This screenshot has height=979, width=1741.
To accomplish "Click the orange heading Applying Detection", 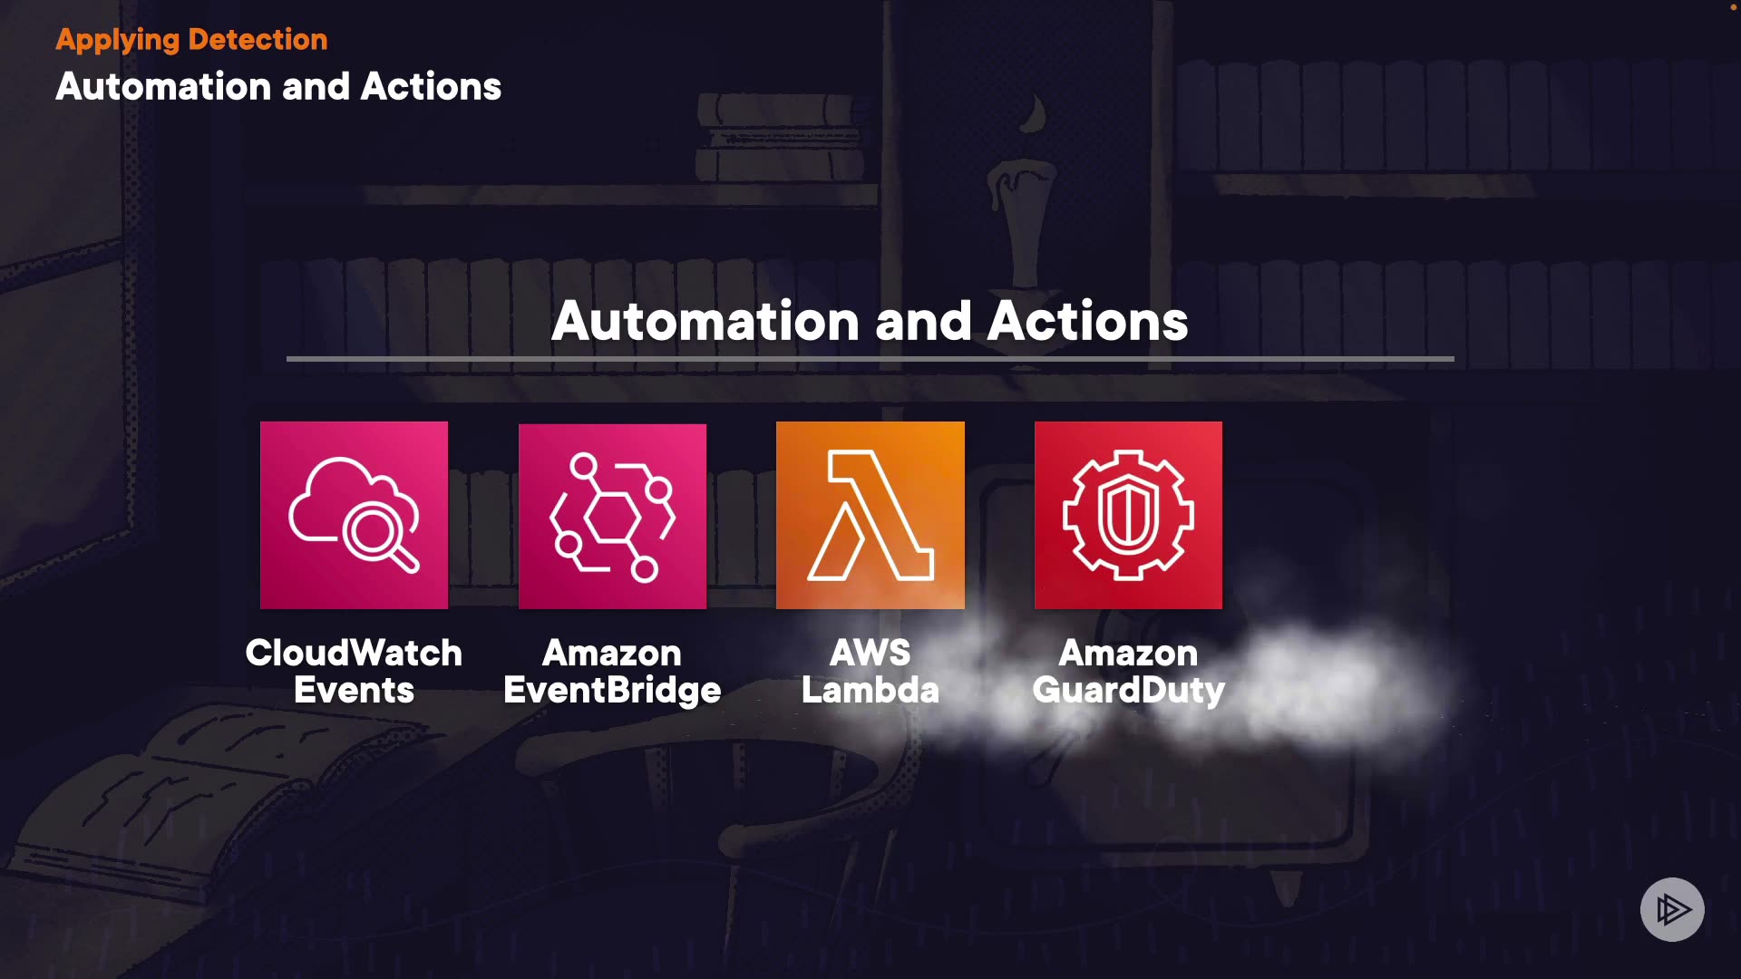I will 191,40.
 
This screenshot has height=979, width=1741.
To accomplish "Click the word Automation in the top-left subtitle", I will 163,87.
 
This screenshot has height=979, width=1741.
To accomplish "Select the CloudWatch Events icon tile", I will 354,515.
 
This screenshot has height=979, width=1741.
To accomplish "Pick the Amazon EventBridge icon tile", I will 612,516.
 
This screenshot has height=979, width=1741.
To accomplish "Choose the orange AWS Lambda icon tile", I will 870,515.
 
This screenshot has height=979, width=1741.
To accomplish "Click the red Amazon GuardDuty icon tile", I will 1128,515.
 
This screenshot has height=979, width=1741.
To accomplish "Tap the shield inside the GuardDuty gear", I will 1128,514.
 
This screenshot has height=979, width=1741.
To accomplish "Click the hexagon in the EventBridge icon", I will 612,518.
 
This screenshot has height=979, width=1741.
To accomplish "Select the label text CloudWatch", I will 354,653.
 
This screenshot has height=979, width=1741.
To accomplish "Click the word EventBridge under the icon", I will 612,691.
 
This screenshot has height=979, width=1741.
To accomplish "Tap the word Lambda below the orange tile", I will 870,691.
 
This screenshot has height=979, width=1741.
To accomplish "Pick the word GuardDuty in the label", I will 1128,691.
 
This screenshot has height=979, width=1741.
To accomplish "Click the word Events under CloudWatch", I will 354,691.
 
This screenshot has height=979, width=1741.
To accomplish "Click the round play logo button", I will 1671,909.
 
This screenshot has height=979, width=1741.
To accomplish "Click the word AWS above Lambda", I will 870,653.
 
